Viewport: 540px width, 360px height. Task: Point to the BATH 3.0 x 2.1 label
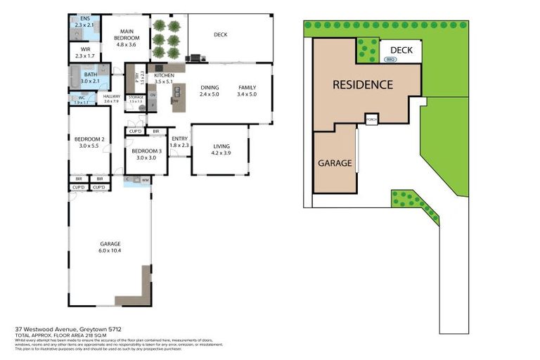90,77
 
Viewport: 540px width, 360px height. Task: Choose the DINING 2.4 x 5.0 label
210,91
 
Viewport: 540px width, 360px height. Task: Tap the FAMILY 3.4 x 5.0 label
247,91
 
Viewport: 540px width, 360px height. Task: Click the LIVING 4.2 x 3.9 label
221,150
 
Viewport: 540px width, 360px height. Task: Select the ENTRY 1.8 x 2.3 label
180,142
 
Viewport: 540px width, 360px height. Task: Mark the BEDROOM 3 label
146,155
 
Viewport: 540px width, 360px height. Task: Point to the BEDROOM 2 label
89,142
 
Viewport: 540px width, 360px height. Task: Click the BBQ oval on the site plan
391,60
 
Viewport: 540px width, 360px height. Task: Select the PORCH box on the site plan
371,120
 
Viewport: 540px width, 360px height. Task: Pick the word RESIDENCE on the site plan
363,85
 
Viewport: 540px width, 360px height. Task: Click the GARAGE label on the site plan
335,162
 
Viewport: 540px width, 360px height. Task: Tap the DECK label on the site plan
401,50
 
